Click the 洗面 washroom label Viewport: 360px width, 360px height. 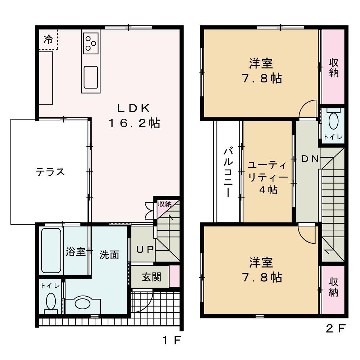point(108,254)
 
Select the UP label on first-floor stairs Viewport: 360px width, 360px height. point(144,248)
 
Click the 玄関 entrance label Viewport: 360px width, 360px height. point(150,276)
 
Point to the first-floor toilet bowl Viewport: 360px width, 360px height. point(83,303)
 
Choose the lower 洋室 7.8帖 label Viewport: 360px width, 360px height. point(261,270)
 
